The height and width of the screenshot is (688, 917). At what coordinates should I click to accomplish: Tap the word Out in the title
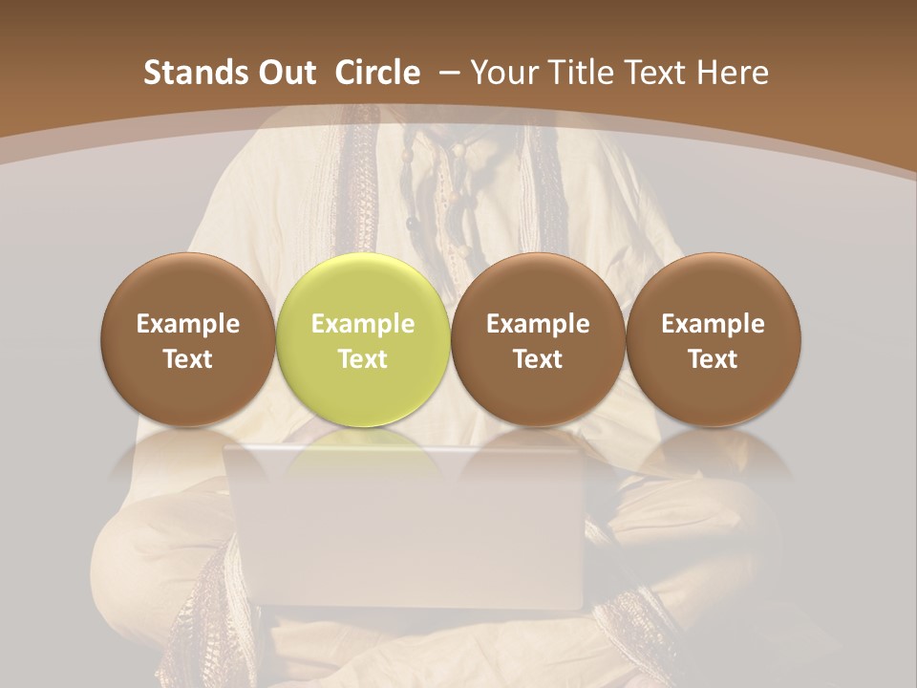(x=285, y=73)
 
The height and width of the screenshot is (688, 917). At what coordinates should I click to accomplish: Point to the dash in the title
(x=445, y=73)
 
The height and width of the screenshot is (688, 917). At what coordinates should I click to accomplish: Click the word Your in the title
(x=501, y=73)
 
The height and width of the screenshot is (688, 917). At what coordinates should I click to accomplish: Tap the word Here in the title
(x=734, y=73)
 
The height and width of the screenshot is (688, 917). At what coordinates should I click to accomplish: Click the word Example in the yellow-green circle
(x=362, y=324)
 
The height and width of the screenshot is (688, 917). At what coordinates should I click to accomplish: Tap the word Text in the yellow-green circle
(x=362, y=359)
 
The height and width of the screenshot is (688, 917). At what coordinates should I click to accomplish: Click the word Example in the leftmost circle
(x=187, y=324)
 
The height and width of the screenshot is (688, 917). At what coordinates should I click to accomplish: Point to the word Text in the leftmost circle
(x=187, y=359)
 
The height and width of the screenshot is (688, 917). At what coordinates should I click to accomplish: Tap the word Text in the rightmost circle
(x=713, y=359)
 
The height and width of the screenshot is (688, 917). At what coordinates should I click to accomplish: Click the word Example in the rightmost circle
(x=713, y=324)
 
